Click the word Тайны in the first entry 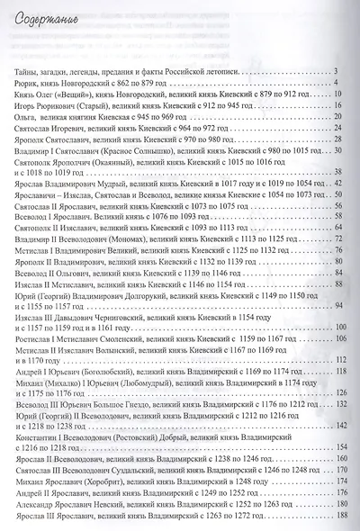(x=26, y=72)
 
